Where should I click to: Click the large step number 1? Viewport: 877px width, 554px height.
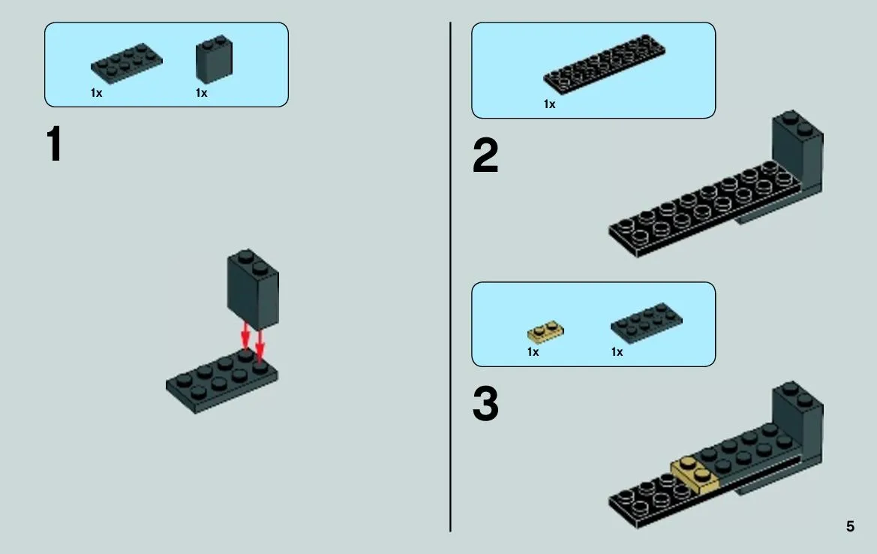point(54,144)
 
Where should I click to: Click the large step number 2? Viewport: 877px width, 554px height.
point(485,155)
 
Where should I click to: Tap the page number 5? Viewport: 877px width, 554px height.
point(850,526)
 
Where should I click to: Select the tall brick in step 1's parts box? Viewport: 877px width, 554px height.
point(214,59)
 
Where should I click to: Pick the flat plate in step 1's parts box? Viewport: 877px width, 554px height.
point(126,63)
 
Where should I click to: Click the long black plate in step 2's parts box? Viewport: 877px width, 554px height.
point(604,63)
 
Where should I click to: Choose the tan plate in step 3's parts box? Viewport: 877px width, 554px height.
point(545,331)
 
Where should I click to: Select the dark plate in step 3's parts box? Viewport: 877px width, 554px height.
point(646,322)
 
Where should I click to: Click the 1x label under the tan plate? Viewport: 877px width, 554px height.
point(533,352)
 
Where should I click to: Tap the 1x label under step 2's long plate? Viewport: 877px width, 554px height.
point(550,104)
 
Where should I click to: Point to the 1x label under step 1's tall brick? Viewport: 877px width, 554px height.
point(201,93)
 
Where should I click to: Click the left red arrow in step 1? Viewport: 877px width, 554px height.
point(245,336)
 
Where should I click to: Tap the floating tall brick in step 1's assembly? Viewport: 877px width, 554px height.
point(253,289)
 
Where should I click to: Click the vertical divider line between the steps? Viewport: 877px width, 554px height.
point(450,277)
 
